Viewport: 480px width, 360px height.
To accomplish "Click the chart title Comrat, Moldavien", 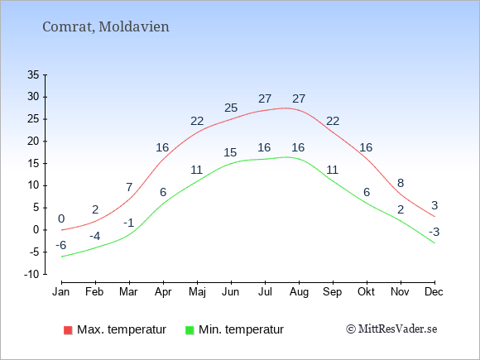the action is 106,27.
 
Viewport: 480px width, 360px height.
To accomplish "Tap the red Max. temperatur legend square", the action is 68,330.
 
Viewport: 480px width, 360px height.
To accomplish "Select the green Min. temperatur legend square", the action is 190,330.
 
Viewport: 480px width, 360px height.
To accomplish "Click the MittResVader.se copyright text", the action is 391,329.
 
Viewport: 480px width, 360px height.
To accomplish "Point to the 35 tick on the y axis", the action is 33,74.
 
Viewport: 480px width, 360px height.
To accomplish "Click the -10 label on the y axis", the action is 31,274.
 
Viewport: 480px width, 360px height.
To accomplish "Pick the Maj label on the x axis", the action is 197,292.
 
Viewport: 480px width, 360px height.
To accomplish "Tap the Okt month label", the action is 366,292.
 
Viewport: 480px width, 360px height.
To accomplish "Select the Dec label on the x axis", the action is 434,292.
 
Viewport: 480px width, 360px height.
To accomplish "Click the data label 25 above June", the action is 231,108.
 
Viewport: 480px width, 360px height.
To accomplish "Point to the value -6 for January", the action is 61,245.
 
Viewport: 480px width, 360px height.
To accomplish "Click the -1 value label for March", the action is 129,223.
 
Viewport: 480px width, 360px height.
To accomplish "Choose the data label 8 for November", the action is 401,183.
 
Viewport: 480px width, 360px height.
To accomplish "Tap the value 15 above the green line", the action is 230,152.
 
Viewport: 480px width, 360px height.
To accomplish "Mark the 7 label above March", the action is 129,187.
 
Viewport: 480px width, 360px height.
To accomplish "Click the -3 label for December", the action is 434,232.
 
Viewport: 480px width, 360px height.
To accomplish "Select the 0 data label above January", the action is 61,218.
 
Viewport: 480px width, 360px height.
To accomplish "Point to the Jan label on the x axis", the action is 61,292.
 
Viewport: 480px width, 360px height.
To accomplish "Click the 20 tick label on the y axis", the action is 33,142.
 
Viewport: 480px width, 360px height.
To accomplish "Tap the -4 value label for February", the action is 95,237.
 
